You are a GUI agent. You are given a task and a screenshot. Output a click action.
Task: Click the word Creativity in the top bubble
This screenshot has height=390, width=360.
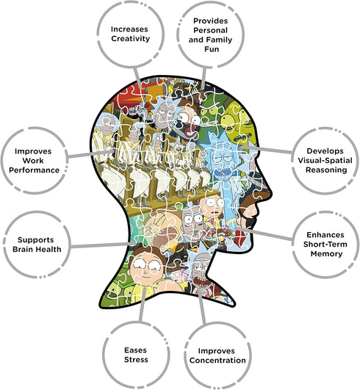coord(131,39)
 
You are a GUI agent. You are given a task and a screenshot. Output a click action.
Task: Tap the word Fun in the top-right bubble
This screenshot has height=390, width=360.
coord(212,49)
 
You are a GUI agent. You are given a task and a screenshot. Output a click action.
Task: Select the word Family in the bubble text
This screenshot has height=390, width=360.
coord(219,40)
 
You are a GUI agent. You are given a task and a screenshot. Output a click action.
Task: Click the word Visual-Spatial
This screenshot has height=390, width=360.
coord(325,161)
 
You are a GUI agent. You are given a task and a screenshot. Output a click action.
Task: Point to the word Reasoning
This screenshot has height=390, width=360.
coord(326,170)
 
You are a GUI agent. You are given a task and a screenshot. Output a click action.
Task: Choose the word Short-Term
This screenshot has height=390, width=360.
coord(325,245)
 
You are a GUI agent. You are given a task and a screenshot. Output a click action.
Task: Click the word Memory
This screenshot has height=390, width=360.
coord(326,254)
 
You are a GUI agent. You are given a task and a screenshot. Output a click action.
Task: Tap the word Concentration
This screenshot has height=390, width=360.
coord(217,361)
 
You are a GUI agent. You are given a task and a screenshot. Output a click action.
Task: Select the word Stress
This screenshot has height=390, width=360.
coord(136,360)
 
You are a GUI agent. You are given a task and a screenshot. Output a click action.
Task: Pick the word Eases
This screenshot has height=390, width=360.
coord(136,350)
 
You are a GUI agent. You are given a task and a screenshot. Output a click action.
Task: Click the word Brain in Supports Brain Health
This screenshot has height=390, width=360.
coord(23,249)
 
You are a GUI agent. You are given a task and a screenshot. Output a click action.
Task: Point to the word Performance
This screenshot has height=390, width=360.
coord(34,170)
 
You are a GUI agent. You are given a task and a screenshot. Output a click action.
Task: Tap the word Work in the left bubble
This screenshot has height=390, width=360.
coord(33,161)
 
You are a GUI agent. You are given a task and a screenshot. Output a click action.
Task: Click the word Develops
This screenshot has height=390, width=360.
coord(325,151)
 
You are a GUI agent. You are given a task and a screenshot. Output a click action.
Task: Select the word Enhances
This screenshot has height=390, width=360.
coord(325,235)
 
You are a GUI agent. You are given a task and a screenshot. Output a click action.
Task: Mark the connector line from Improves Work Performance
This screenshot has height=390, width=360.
coord(90,154)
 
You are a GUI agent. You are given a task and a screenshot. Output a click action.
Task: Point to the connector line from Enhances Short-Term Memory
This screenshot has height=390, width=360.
coord(263,234)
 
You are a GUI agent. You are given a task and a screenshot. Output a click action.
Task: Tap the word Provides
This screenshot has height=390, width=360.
coord(210,21)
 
